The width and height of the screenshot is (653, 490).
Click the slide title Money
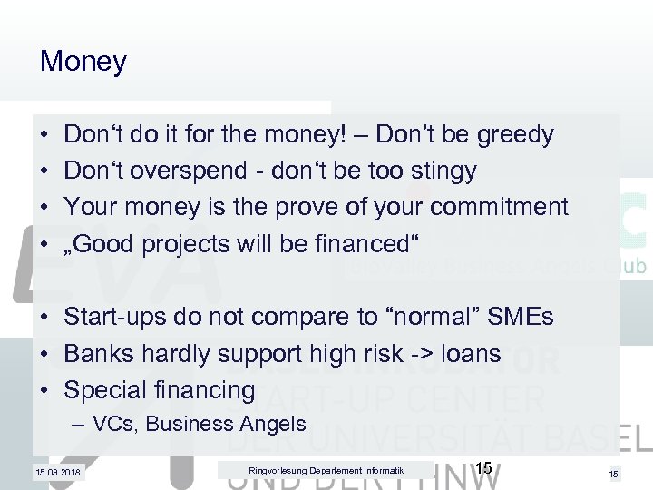pos(83,62)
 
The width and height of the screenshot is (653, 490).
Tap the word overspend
pos(181,171)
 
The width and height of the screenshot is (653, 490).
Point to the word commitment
pos(499,208)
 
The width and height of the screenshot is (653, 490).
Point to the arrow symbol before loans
pos(416,354)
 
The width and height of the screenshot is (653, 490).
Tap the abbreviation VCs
pos(115,424)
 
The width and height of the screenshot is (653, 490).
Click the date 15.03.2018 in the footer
pos(56,472)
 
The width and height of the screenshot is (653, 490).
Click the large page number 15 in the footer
pos(483,468)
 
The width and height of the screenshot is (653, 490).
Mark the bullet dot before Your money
pos(44,208)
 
